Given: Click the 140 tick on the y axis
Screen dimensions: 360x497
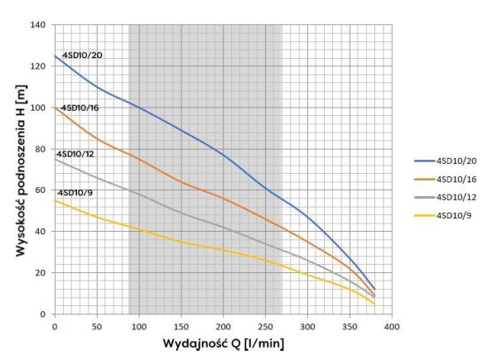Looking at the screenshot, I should (x=38, y=25).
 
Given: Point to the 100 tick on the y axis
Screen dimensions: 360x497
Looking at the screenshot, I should (x=38, y=108).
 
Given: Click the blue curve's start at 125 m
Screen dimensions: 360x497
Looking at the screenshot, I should (x=55, y=56).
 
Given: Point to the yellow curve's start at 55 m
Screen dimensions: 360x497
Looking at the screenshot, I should (x=55, y=200).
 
